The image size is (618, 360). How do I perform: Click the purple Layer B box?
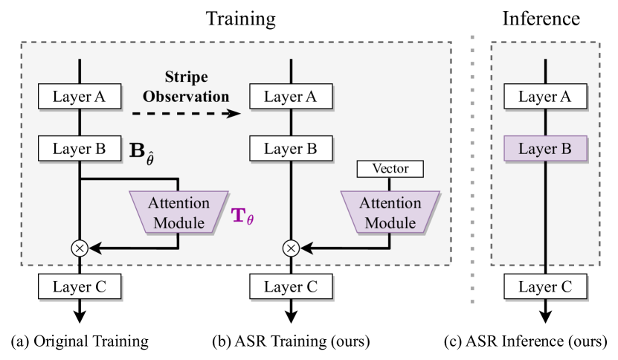pos(546,149)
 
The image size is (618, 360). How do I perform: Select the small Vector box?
pos(390,170)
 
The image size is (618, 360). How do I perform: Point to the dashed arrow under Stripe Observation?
pos(187,114)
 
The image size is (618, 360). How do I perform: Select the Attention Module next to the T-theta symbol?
pos(178,212)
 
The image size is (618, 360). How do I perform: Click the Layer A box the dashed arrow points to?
pos(290,96)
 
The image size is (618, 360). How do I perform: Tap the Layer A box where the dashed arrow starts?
pos(80,96)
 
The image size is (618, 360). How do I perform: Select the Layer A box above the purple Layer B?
pos(546,96)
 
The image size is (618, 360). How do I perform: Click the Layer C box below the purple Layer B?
pos(546,287)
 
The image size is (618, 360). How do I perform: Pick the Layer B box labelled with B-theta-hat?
pos(80,149)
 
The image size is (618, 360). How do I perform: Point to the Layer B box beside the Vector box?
pos(290,149)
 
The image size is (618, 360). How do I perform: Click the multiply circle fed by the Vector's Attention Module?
pos(291,248)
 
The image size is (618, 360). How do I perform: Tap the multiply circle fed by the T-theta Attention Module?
pos(80,248)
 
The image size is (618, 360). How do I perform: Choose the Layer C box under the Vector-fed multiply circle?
pos(290,287)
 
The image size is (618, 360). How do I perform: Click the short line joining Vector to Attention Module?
pos(390,184)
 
